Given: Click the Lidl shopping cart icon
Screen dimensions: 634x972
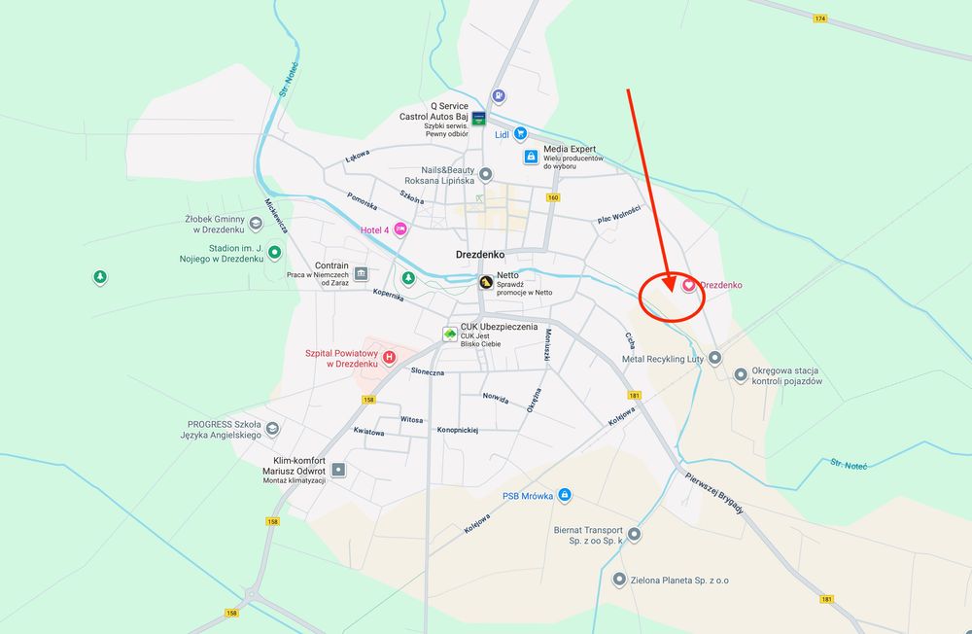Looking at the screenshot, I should [x=521, y=134].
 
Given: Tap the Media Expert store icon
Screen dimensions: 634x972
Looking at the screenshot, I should [x=531, y=156].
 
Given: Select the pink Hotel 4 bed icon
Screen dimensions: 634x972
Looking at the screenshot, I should [x=399, y=229].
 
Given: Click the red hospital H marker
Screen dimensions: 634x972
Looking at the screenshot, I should [x=390, y=357].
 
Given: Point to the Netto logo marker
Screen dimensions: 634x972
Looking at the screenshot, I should [x=484, y=282].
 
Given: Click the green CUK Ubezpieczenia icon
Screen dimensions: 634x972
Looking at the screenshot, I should [x=449, y=333].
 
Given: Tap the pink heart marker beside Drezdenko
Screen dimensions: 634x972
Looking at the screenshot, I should [x=689, y=285].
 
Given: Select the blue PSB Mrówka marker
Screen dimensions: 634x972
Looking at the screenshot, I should [x=565, y=495].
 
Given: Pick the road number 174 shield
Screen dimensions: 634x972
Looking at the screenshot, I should [x=820, y=18].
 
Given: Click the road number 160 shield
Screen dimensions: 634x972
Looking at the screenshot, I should [x=553, y=197].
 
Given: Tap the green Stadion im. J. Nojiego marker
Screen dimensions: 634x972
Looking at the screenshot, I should [x=275, y=253].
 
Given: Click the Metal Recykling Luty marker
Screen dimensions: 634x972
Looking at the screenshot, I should [x=715, y=358].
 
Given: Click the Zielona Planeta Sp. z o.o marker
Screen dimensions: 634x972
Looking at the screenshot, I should [x=619, y=580].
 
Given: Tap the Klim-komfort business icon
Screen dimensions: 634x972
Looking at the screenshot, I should [x=338, y=470].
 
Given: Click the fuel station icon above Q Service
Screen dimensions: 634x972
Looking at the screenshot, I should [x=498, y=96].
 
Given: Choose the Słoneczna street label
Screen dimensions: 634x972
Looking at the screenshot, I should [x=428, y=371].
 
